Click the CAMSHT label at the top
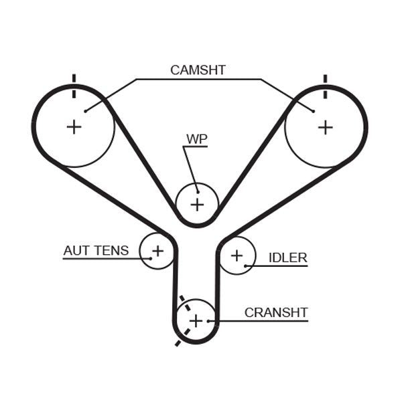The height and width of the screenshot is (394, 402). click(198, 70)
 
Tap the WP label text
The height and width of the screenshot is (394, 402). click(197, 139)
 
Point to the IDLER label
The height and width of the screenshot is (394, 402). click(287, 258)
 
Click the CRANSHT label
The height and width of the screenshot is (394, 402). click(275, 312)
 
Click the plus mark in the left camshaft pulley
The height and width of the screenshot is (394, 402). click(74, 126)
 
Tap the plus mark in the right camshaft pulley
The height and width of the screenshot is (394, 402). click(325, 126)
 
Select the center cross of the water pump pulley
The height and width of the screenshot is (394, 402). click(197, 204)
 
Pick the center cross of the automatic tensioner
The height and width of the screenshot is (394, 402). click(157, 251)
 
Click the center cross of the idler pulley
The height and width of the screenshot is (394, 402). click(237, 255)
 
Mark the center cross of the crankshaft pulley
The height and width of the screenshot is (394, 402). click(195, 320)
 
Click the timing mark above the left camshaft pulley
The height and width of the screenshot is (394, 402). click(74, 79)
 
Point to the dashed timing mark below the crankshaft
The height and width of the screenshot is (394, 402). click(178, 342)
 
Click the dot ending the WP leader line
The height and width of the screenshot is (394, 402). click(196, 189)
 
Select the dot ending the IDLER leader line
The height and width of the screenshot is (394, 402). click(246, 266)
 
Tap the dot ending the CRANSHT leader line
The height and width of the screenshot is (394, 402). click(209, 321)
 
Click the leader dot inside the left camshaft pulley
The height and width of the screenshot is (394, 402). click(85, 110)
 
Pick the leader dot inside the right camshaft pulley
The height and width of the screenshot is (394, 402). click(313, 110)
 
